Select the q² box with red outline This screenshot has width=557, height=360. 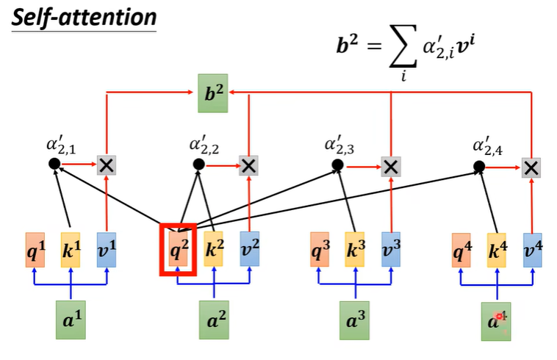coord(179,251)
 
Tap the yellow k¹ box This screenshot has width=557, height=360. coord(71,251)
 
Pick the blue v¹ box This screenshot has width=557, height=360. coord(107,251)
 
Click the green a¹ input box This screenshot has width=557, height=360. coord(71,321)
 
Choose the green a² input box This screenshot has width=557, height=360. coord(214,321)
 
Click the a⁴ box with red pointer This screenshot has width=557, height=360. coord(497,321)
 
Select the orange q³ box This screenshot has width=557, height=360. coord(320,251)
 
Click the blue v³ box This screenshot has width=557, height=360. coord(391,251)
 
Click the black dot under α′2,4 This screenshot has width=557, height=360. coord(479,166)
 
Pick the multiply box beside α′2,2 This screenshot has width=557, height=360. coord(249,166)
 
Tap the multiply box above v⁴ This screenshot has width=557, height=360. coord(532,167)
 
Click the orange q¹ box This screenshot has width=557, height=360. coord(36,251)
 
